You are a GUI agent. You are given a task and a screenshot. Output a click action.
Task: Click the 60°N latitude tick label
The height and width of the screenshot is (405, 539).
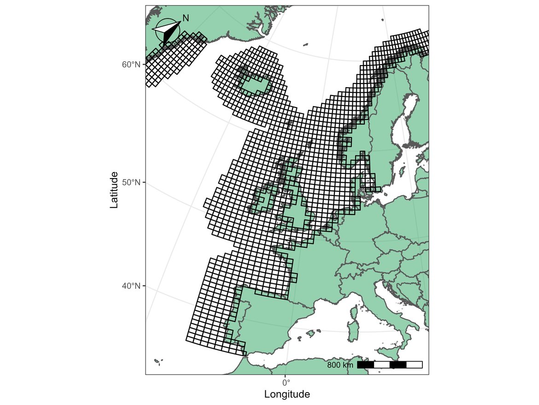[x=131, y=65]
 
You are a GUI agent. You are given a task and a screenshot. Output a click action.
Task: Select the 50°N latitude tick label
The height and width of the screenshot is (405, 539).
[x=131, y=183]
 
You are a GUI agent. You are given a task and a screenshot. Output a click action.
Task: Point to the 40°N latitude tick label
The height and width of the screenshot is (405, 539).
[x=131, y=286]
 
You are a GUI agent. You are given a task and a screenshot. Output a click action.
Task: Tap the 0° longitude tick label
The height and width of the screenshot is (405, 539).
[x=286, y=382]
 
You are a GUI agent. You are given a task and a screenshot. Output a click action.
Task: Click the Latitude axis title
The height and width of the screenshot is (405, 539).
[x=114, y=190]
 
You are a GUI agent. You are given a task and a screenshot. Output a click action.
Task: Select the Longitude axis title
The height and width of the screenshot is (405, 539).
[x=287, y=395]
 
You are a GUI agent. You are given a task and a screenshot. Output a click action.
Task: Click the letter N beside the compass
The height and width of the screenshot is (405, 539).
[x=186, y=18]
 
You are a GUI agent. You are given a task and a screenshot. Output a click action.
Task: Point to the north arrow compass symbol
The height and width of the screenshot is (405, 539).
[x=167, y=31]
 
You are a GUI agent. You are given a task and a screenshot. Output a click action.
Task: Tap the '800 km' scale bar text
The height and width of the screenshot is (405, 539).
[x=340, y=365]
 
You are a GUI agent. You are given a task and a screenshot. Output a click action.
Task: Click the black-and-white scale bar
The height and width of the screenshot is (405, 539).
[x=390, y=365]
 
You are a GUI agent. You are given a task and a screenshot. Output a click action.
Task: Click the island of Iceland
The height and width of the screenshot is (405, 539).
[x=254, y=84]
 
